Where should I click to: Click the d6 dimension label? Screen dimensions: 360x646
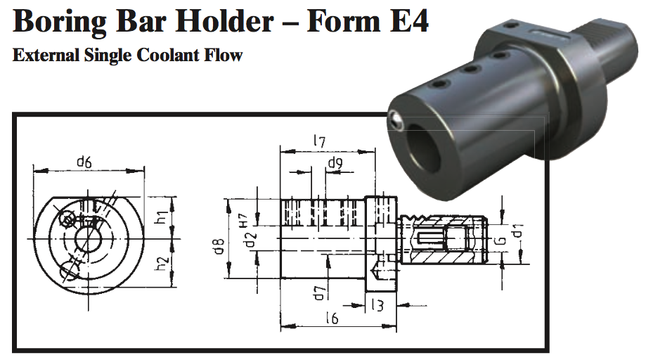point(84,162)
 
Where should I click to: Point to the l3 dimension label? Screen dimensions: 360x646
point(377,304)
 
